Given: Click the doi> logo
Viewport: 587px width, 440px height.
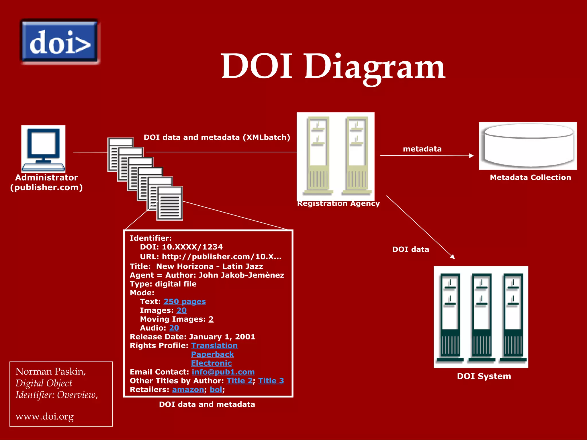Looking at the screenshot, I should click(60, 42).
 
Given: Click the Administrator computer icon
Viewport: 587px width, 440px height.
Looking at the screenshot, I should click(43, 149).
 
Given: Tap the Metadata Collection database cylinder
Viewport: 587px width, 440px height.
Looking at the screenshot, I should click(528, 146).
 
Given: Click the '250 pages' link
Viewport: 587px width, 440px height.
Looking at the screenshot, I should click(185, 302).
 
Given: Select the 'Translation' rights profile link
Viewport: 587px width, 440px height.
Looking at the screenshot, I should click(214, 346).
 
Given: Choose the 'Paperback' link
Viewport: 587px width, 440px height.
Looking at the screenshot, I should click(212, 355).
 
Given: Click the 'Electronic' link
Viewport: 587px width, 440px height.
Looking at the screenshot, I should click(211, 363).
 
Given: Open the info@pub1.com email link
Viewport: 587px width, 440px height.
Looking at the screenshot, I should click(223, 372).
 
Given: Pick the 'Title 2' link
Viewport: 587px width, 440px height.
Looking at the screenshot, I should click(240, 381).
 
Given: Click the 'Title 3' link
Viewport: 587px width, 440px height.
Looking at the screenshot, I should click(271, 381).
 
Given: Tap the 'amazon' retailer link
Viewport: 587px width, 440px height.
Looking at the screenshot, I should click(188, 390).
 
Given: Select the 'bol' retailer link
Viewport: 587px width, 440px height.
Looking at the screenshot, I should click(216, 390).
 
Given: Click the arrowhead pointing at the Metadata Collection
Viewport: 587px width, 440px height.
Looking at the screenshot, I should click(471, 156).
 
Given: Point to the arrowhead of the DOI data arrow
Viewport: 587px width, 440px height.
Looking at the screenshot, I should click(452, 257).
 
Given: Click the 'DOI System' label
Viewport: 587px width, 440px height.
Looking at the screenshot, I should click(484, 376).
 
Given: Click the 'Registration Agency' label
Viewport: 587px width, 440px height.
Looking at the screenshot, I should click(338, 204).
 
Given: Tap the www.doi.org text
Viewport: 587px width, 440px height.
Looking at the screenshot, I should click(45, 417).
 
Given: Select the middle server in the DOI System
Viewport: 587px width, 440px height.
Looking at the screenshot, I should click(482, 317).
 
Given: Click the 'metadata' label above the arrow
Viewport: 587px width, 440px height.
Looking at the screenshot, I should click(422, 149).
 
